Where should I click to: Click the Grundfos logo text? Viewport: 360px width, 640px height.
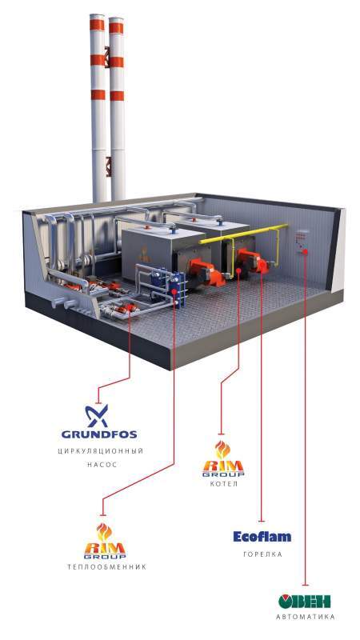[x=98, y=434]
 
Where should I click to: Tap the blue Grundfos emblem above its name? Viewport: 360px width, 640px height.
[x=97, y=415]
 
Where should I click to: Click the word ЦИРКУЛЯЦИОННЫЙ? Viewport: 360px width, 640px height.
[x=100, y=451]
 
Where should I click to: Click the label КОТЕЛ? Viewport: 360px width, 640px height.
[x=223, y=484]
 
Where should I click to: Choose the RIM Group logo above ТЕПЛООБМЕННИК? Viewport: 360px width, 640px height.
[x=105, y=542]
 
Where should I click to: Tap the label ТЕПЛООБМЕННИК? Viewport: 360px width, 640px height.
[x=106, y=567]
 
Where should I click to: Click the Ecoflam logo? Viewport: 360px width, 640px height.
[x=262, y=536]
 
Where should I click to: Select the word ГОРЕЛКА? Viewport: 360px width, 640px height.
[x=262, y=554]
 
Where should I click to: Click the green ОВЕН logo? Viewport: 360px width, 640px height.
[x=305, y=602]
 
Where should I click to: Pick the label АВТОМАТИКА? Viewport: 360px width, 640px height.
[x=306, y=617]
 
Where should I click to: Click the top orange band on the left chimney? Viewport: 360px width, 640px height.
[x=97, y=24]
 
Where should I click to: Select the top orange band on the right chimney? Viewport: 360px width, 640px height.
[x=116, y=28]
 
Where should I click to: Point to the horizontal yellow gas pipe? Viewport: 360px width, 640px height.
[x=243, y=233]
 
